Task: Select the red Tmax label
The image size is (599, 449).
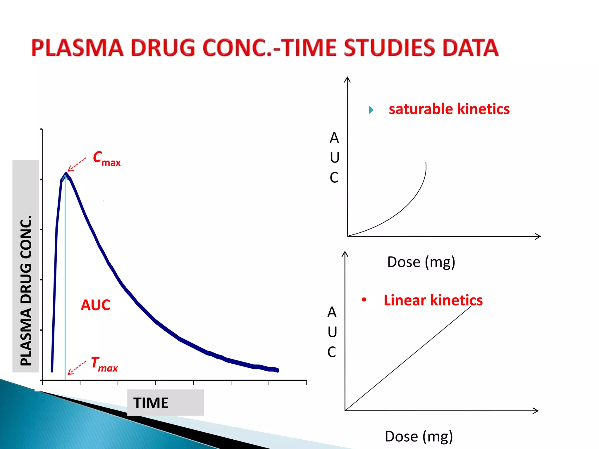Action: (x=104, y=364)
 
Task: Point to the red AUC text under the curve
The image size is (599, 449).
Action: (x=95, y=305)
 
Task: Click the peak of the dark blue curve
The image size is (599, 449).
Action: (x=66, y=173)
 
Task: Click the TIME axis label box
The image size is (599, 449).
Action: (x=165, y=403)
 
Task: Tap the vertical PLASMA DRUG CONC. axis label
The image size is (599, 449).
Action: (x=26, y=289)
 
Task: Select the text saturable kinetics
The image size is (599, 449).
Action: (x=449, y=109)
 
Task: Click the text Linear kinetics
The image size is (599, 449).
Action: (x=433, y=300)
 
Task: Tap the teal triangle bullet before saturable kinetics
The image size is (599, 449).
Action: (x=371, y=110)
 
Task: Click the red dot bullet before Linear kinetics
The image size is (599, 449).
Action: (x=364, y=300)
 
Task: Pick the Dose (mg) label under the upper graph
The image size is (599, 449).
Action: (x=421, y=262)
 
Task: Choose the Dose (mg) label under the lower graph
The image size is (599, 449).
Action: (x=419, y=436)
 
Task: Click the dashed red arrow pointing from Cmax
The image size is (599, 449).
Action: (x=77, y=165)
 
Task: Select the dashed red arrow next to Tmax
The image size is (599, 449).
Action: (x=77, y=368)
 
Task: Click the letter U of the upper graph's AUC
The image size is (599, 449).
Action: (x=335, y=158)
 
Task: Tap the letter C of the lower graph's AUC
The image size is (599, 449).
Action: (x=332, y=352)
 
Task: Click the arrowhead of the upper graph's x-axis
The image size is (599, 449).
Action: (x=538, y=236)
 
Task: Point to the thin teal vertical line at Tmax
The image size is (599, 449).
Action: (x=65, y=278)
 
